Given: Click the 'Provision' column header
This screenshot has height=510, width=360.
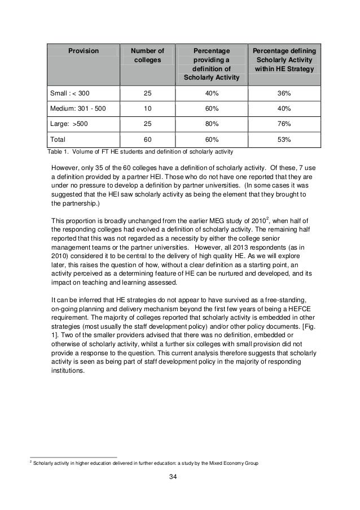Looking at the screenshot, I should [84, 51].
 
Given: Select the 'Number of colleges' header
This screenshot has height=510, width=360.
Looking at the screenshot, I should [148, 55].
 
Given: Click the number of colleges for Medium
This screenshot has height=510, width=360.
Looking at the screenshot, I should [148, 107].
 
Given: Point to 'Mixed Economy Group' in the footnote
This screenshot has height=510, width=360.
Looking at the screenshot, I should [230, 463].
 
